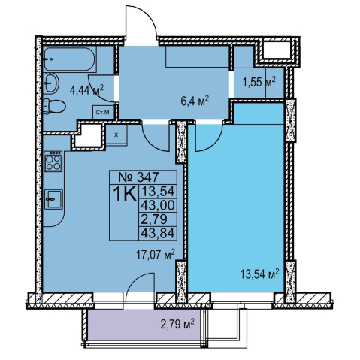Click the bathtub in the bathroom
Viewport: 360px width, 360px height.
[x=70, y=59]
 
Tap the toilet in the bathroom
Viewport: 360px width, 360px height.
[x=54, y=107]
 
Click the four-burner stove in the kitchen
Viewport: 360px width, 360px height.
[x=53, y=162]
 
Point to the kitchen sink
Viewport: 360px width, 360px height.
[x=53, y=199]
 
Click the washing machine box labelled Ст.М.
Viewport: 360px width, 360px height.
[x=103, y=112]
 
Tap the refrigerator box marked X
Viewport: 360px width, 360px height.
[x=116, y=135]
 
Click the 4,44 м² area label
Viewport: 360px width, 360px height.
[x=87, y=90]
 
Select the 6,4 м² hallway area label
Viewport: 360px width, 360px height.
[x=195, y=102]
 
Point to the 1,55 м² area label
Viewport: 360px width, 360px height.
[x=259, y=82]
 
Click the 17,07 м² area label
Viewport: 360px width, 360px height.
[x=156, y=255]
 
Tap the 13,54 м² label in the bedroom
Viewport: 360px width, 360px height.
[x=260, y=274]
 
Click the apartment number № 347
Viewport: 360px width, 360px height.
[x=138, y=177]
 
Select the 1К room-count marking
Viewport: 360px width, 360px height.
[x=125, y=194]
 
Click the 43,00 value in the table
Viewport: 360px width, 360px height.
[x=158, y=206]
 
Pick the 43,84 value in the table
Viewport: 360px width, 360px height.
[x=158, y=234]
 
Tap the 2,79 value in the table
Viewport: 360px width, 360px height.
[x=154, y=219]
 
